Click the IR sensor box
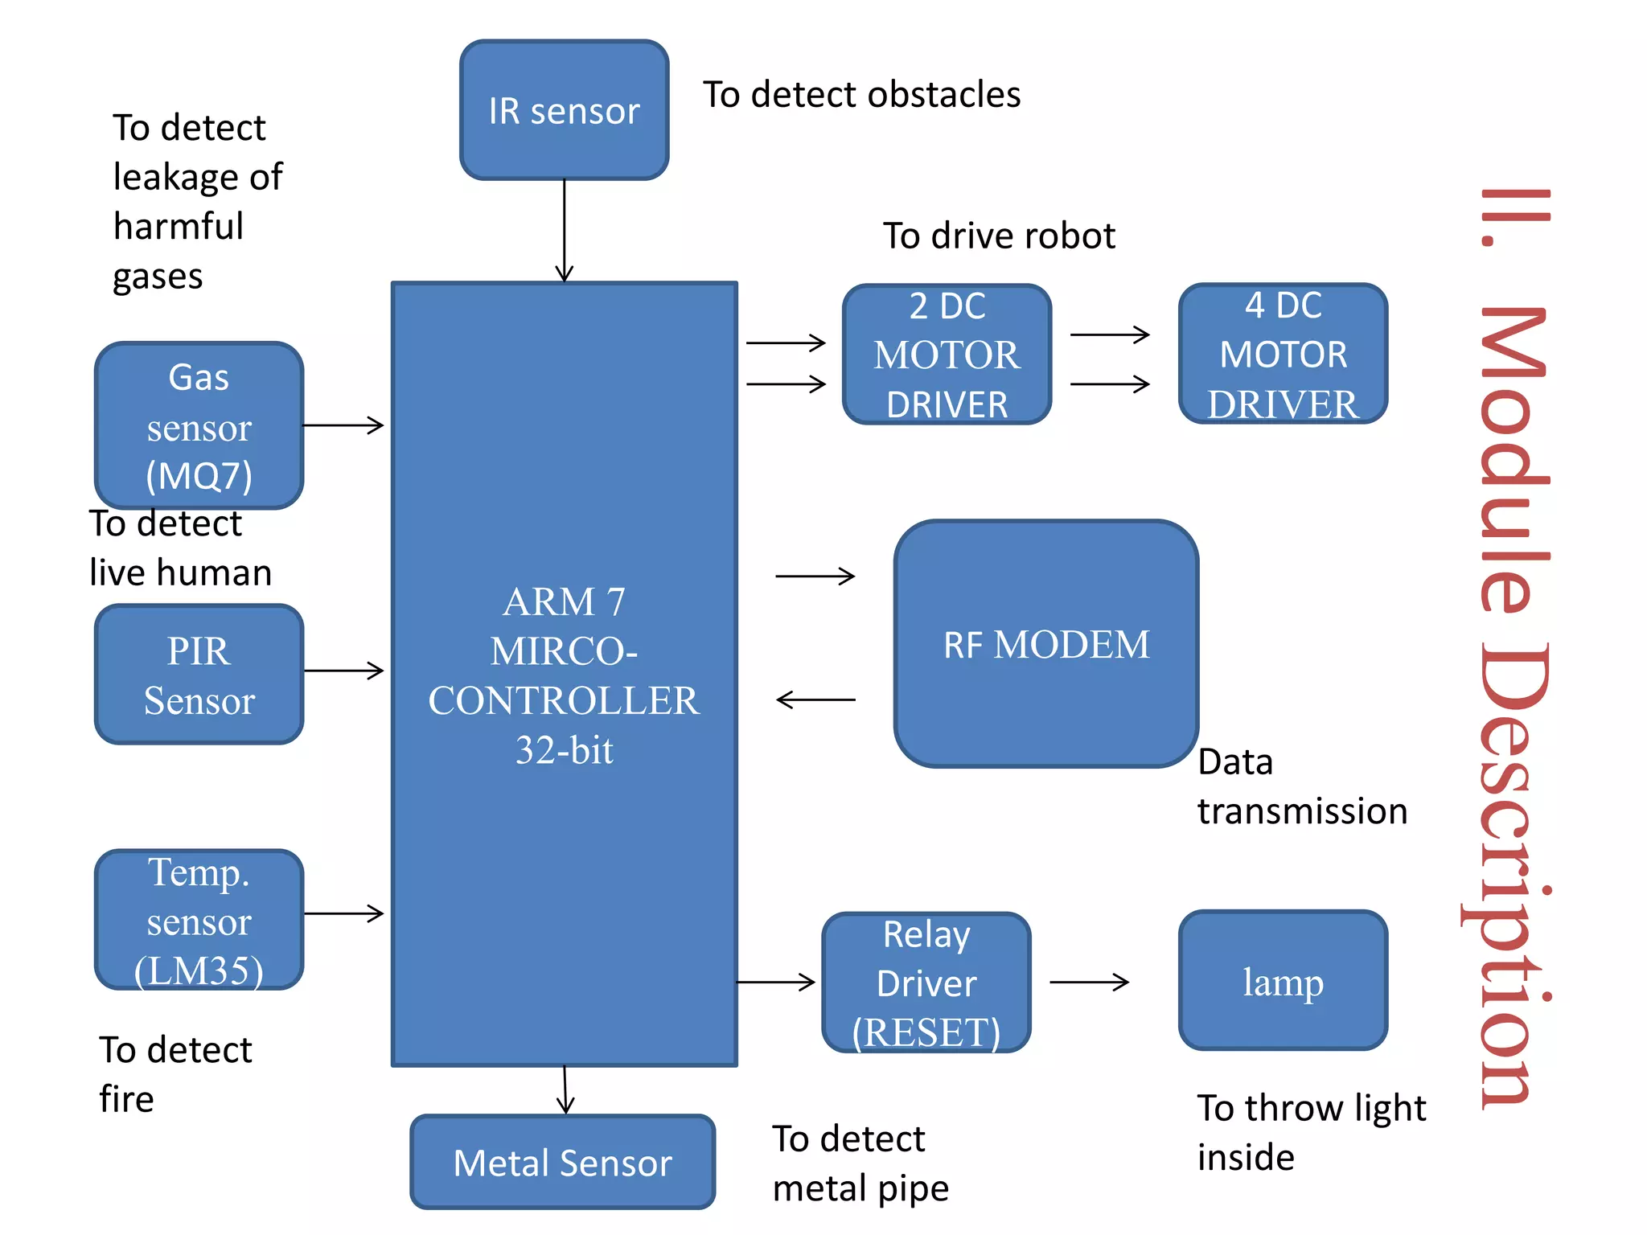pyautogui.click(x=564, y=110)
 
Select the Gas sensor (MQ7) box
pyautogui.click(x=199, y=425)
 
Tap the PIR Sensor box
pyautogui.click(x=199, y=675)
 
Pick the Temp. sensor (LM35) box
pyautogui.click(x=199, y=920)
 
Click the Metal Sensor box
pyautogui.click(x=562, y=1162)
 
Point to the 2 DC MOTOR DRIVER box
pyautogui.click(x=947, y=355)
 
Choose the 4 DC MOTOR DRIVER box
pyautogui.click(x=1283, y=354)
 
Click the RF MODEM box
pyautogui.click(x=1045, y=644)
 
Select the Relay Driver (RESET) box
pyautogui.click(x=926, y=983)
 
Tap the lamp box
pyautogui.click(x=1283, y=981)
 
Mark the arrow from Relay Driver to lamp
pyautogui.click(x=1090, y=982)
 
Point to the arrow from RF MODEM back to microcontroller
pyautogui.click(x=815, y=700)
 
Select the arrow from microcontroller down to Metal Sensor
pyautogui.click(x=565, y=1090)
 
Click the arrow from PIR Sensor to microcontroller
pyautogui.click(x=343, y=670)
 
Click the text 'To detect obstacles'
pyautogui.click(x=861, y=95)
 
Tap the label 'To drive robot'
pyautogui.click(x=999, y=236)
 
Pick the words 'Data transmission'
pyautogui.click(x=1302, y=786)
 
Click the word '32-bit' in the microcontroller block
pyautogui.click(x=564, y=750)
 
